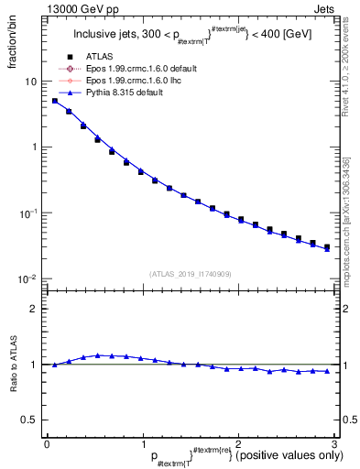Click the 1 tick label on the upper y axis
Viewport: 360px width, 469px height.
coord(34,147)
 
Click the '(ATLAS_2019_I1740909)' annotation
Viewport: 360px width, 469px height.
coord(190,273)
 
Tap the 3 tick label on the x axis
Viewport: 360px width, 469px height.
coord(334,443)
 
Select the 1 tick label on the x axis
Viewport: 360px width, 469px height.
coord(143,443)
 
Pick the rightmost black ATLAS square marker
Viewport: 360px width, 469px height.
coord(327,246)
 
